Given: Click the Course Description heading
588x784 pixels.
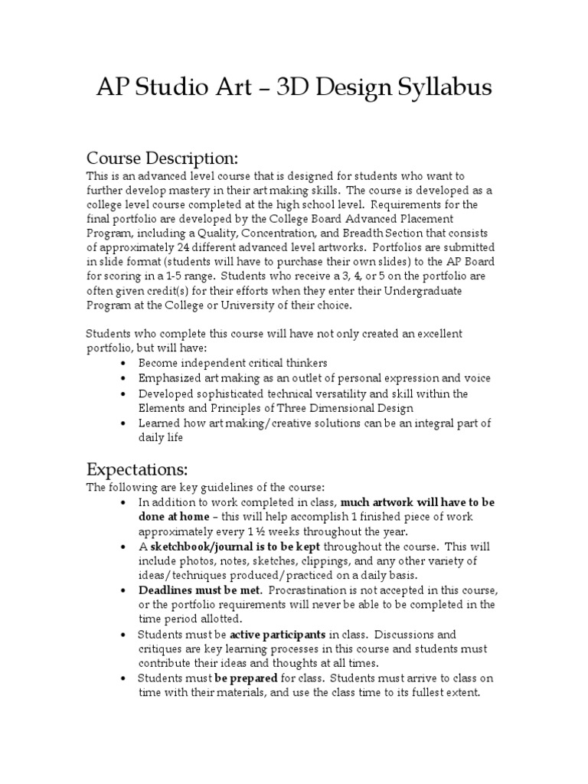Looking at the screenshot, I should pos(162,158).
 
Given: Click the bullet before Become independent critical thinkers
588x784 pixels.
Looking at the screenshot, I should pos(124,363).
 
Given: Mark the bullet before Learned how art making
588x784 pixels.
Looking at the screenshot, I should pos(124,423).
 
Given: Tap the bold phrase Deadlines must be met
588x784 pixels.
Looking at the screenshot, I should pos(201,590).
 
